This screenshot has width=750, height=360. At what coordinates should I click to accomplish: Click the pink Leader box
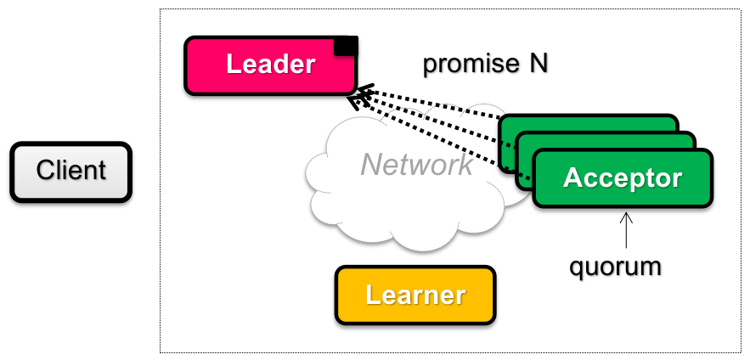pos(270,65)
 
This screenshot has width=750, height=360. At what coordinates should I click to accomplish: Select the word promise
pos(464,64)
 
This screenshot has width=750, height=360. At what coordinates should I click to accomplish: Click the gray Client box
pos(70,172)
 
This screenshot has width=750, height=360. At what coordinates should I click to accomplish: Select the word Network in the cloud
pos(416,164)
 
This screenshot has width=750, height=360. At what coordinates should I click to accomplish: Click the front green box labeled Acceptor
pos(623,178)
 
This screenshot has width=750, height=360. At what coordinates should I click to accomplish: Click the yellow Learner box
pos(414,295)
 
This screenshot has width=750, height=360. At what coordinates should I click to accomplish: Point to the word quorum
pos(615,266)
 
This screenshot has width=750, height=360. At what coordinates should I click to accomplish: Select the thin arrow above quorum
pos(626,228)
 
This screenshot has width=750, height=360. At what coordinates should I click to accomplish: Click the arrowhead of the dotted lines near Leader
pos(361,95)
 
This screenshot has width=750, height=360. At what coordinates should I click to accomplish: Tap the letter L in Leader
pos(232,65)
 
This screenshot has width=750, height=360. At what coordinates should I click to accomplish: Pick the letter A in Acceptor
pos(572,179)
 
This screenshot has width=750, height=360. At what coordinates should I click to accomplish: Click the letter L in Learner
pos(370,295)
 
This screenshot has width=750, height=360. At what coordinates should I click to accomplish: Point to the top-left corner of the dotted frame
pos(161,10)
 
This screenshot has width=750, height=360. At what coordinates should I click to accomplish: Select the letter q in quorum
pos(575,268)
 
